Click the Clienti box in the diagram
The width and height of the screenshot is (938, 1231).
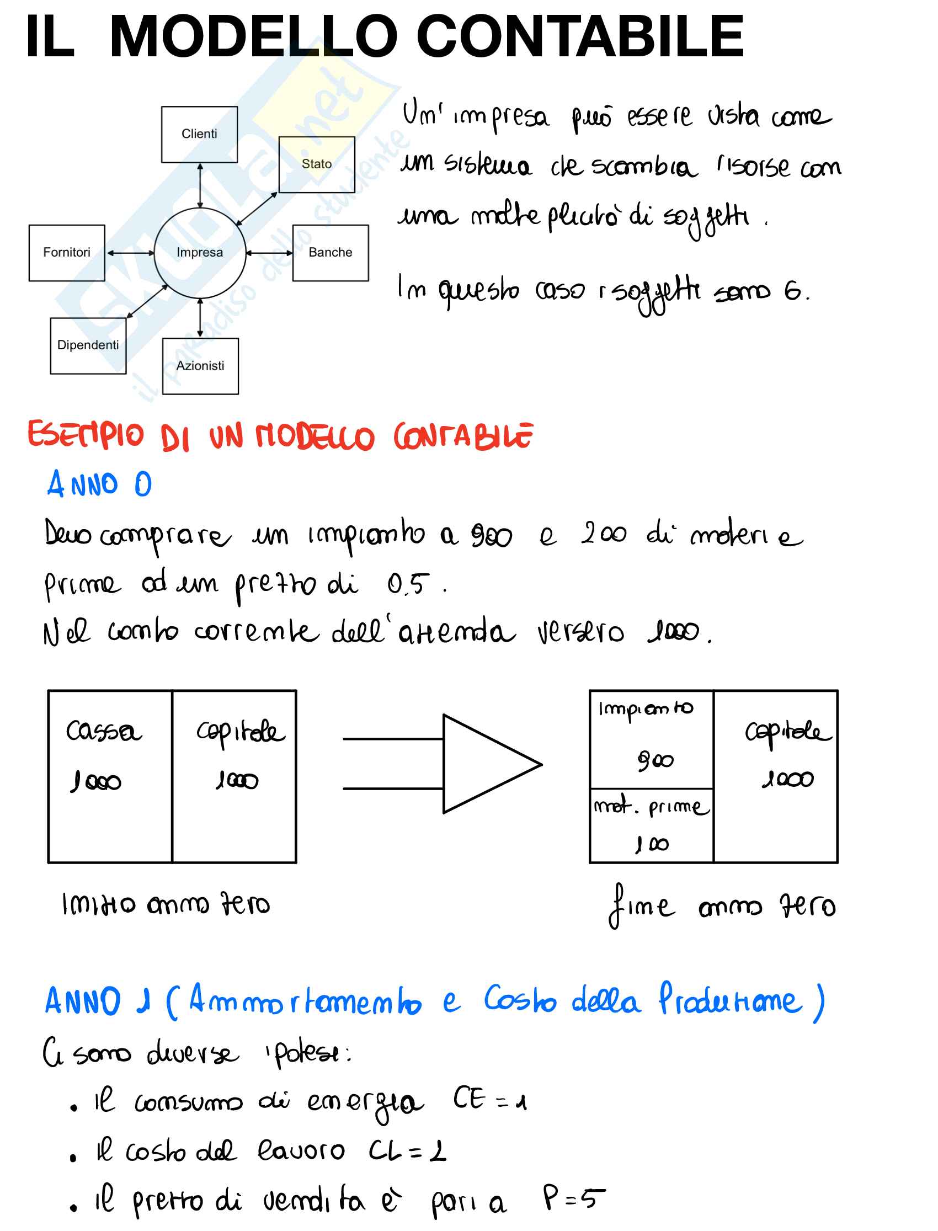click(199, 135)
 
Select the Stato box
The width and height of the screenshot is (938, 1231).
click(317, 164)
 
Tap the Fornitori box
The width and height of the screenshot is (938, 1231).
click(67, 253)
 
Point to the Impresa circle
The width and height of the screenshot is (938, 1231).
click(199, 253)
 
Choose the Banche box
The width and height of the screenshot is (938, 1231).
click(331, 253)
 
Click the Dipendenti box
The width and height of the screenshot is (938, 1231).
click(88, 345)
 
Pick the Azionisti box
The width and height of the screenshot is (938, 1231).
click(200, 366)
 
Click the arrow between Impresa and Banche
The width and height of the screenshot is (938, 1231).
click(270, 253)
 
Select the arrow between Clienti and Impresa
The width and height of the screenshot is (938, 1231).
click(200, 185)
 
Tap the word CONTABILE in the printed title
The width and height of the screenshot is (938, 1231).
click(579, 37)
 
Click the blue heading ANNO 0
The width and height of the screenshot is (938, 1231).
click(99, 484)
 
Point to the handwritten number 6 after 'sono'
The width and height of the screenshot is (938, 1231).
click(793, 291)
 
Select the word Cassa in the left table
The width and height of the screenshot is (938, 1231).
click(104, 731)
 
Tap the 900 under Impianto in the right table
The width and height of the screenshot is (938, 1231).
click(655, 760)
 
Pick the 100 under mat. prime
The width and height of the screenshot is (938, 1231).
click(652, 844)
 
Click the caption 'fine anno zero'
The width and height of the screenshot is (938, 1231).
click(722, 906)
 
